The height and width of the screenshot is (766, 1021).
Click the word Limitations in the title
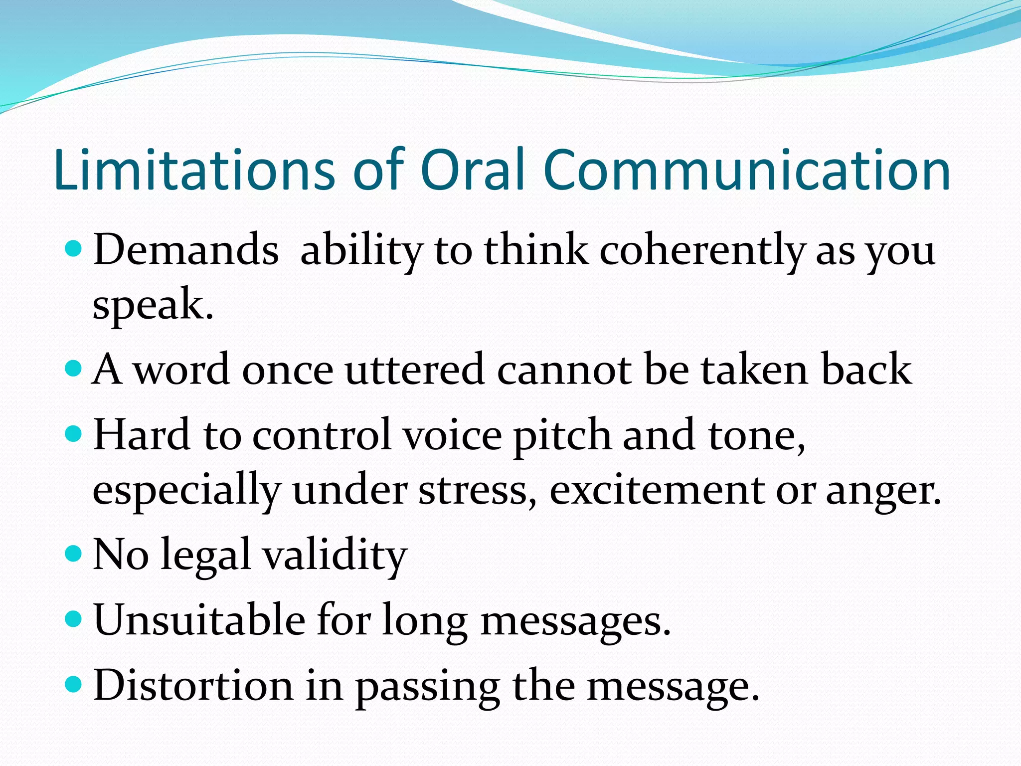click(194, 171)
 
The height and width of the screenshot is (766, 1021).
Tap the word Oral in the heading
click(473, 171)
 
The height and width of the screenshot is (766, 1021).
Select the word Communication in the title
click(746, 171)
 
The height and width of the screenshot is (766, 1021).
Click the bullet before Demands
click(73, 248)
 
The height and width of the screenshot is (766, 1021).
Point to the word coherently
click(702, 251)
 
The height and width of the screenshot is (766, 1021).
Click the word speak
click(153, 305)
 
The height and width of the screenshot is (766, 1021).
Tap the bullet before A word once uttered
click(73, 369)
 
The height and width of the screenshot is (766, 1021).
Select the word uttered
click(414, 370)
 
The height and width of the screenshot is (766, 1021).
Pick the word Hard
click(142, 435)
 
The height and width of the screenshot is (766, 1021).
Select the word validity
click(335, 555)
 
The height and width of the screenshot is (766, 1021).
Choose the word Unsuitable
click(199, 620)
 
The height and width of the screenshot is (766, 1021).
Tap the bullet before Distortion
click(73, 684)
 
